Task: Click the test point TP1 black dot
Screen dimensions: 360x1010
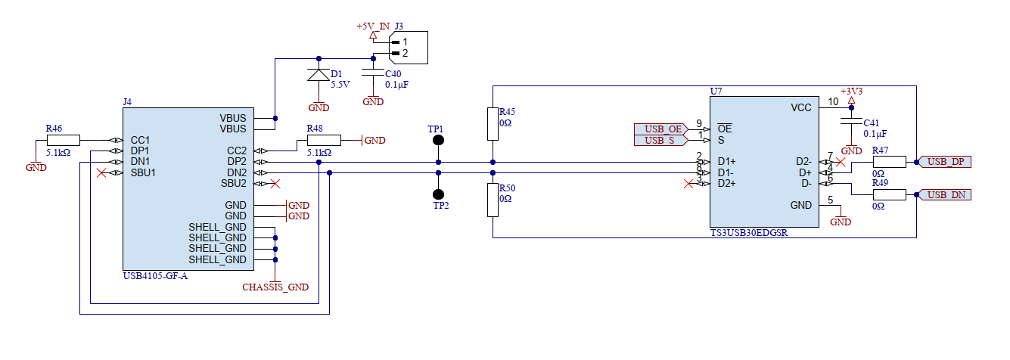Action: coord(437,141)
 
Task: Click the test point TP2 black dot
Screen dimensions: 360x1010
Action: coord(437,194)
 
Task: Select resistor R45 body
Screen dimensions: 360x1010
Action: coord(493,123)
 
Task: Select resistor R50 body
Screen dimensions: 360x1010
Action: coord(493,200)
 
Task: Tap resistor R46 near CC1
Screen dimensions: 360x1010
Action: coord(63,140)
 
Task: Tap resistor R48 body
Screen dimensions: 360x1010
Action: coord(324,140)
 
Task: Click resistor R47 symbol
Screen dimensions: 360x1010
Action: coord(888,161)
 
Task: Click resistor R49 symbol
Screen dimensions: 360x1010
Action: coord(888,195)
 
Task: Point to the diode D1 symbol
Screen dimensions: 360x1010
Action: coord(319,75)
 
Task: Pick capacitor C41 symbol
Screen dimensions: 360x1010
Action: coord(852,123)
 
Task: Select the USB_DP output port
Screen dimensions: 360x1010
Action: coord(945,162)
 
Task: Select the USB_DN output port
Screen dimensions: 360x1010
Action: coord(945,195)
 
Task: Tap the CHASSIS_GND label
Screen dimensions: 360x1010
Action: coord(275,287)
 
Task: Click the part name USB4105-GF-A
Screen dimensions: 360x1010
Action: coord(155,276)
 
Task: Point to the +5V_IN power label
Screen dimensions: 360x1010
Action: coord(372,26)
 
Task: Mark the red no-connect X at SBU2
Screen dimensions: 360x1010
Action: coord(276,184)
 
